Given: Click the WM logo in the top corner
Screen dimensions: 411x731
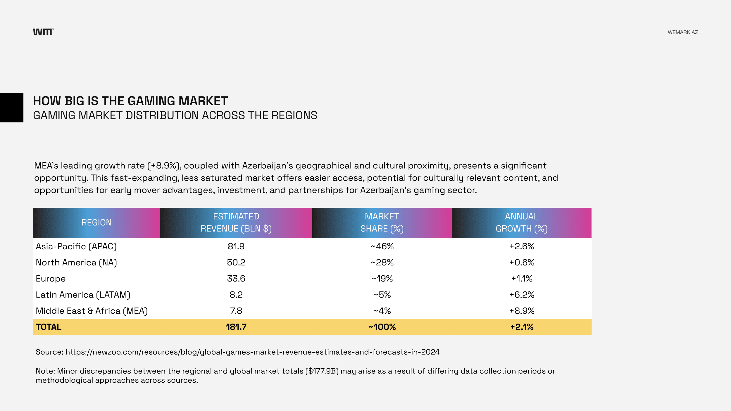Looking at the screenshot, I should pyautogui.click(x=43, y=32).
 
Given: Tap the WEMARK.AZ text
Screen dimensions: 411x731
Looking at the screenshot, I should pyautogui.click(x=682, y=32).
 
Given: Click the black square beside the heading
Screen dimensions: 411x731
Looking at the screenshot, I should pyautogui.click(x=12, y=108).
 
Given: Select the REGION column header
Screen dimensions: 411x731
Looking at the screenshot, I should pyautogui.click(x=96, y=223).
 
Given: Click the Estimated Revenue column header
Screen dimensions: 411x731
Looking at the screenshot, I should pyautogui.click(x=236, y=223).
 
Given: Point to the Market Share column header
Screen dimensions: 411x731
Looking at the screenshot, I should pyautogui.click(x=382, y=223).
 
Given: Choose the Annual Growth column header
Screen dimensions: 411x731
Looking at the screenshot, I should pyautogui.click(x=521, y=223).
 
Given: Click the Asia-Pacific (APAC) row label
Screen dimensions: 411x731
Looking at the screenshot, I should pyautogui.click(x=76, y=246).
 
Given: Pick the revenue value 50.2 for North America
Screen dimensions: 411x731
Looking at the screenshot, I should pyautogui.click(x=236, y=263).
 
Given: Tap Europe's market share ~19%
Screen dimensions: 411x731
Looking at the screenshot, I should pyautogui.click(x=382, y=279).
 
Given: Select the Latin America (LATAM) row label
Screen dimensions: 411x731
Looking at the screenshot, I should pyautogui.click(x=83, y=295).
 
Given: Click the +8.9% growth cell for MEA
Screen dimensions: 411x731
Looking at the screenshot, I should pyautogui.click(x=522, y=311).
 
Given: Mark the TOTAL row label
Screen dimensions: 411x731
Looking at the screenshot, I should pyautogui.click(x=49, y=327).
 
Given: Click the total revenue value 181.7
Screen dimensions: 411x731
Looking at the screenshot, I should pyautogui.click(x=236, y=327).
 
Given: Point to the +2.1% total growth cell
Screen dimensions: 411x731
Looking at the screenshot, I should pyautogui.click(x=522, y=327).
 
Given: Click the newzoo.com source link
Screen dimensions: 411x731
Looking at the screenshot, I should pyautogui.click(x=252, y=352).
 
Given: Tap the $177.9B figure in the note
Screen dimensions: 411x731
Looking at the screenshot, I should pyautogui.click(x=322, y=371).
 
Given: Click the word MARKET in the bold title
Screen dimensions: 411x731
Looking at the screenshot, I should pyautogui.click(x=203, y=101).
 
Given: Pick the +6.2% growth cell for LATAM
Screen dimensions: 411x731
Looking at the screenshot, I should pyautogui.click(x=522, y=295).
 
